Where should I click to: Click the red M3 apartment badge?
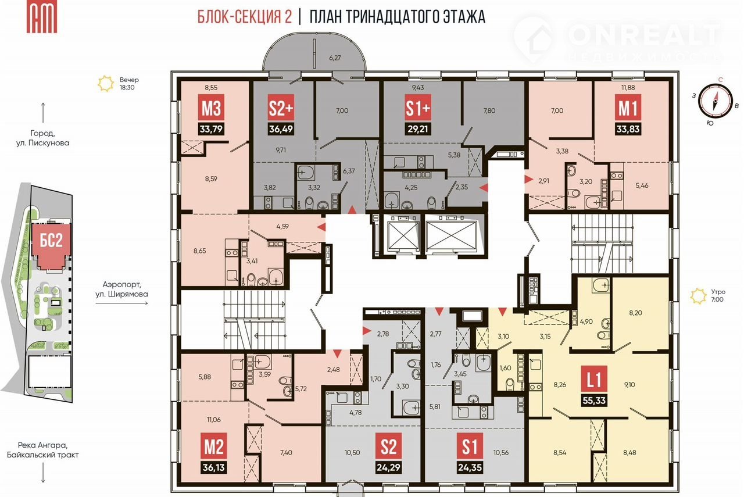click(x=211, y=108)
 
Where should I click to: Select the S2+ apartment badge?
click(x=281, y=108)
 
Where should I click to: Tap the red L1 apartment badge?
click(x=594, y=379)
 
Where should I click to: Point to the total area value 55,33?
click(x=594, y=401)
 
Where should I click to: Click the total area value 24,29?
click(x=388, y=468)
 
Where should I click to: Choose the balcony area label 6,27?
click(x=335, y=58)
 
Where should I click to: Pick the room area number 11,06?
click(x=213, y=420)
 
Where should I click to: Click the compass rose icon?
click(x=715, y=101)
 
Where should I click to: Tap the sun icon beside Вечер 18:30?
click(x=106, y=84)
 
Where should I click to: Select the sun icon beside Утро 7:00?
click(x=698, y=296)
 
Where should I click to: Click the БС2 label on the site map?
click(x=51, y=240)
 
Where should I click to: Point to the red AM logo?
click(x=42, y=17)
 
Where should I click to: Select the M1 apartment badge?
click(x=628, y=108)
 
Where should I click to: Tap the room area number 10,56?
click(x=500, y=452)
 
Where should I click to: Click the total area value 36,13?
click(x=213, y=468)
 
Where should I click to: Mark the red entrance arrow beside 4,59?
click(x=321, y=227)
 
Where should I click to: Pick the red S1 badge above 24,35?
click(x=470, y=446)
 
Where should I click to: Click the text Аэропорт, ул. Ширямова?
click(x=121, y=289)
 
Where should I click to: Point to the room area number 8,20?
click(x=635, y=313)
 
